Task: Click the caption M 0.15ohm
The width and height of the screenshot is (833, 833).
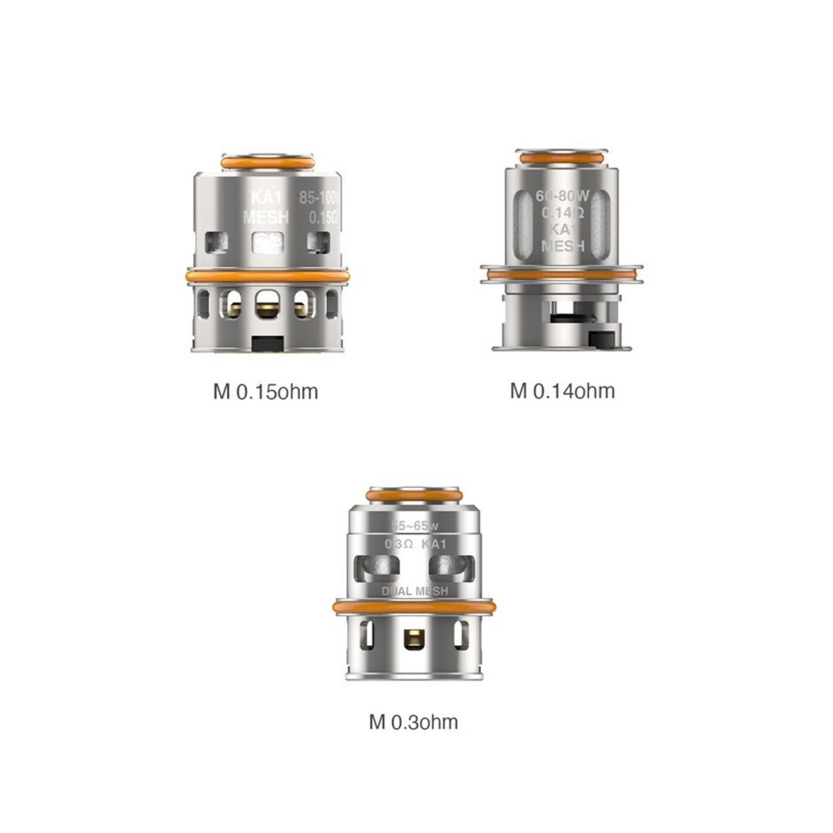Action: [x=266, y=392]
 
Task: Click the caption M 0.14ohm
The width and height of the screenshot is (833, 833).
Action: [x=562, y=391]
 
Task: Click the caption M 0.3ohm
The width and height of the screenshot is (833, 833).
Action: [x=413, y=722]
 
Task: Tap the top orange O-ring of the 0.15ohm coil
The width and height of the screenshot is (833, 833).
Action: [x=268, y=163]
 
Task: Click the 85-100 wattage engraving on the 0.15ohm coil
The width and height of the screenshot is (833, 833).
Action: [x=320, y=198]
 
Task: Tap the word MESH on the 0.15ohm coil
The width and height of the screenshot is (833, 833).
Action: [x=266, y=218]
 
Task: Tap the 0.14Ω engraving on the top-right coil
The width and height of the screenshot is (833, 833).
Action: [x=563, y=213]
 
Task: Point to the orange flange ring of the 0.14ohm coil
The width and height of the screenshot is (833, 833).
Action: [x=562, y=275]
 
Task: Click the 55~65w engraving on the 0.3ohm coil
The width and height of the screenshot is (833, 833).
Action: [x=414, y=526]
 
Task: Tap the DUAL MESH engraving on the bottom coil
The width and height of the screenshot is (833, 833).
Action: [x=414, y=591]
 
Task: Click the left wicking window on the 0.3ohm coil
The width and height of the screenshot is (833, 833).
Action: [x=376, y=567]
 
